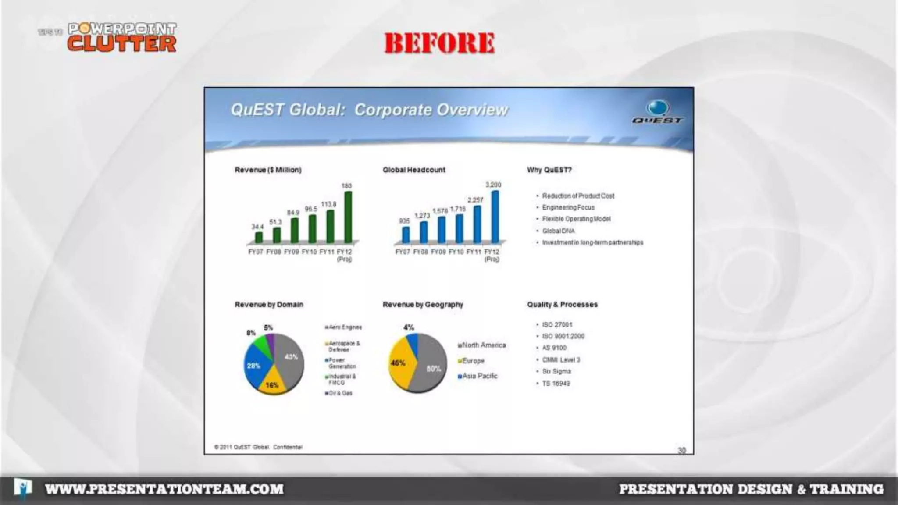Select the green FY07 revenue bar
coord(259,238)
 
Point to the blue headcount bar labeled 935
coord(406,235)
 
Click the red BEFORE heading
coord(439,43)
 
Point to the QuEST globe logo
coord(658,108)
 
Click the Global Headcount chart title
coord(413,170)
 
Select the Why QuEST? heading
coord(549,170)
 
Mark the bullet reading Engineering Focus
coord(568,207)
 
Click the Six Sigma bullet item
coord(556,371)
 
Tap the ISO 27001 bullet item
coord(557,325)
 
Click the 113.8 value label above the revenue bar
coord(328,204)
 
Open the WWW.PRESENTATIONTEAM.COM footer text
coord(164,489)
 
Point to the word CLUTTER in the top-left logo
coord(122,44)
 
